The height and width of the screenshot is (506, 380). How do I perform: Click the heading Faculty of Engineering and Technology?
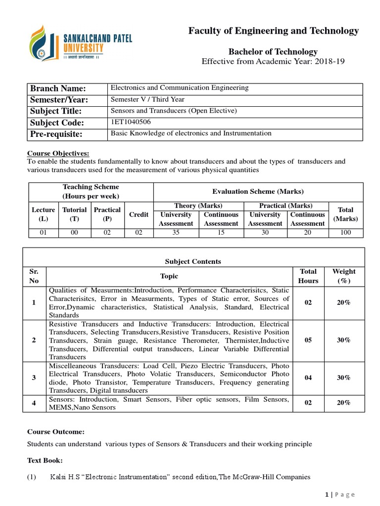pos(273,31)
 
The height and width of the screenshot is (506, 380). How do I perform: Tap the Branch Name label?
pos(58,88)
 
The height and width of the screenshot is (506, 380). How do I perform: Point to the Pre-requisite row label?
pos(57,134)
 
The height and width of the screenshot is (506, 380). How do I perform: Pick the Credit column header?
pos(139,214)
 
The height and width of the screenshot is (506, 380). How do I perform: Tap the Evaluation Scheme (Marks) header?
pos(258,192)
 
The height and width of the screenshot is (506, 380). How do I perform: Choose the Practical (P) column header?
pos(107,214)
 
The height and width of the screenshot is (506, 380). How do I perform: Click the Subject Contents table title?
pos(193,261)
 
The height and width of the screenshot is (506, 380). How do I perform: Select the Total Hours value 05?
pos(308,340)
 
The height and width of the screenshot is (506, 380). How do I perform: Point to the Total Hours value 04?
pos(308,378)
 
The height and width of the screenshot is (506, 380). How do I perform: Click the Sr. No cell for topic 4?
pos(34,403)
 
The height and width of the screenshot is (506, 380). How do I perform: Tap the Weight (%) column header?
pos(344,276)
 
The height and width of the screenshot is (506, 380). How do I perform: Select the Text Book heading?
pos(45,461)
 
